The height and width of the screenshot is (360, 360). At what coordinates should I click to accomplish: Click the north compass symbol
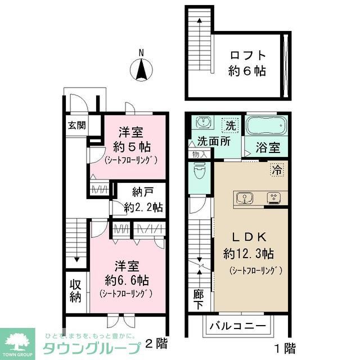coord(142,70)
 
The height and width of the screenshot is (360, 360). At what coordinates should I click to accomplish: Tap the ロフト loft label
coord(247,56)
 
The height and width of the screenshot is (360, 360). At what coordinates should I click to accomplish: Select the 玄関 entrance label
coord(77,125)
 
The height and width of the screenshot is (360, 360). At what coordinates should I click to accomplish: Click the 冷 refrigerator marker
coord(277,168)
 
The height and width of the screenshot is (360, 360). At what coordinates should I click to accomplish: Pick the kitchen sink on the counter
coord(245,197)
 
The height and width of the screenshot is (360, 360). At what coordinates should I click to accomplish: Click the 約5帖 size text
coord(130,147)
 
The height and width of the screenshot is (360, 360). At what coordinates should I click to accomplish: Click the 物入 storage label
coord(199,154)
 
